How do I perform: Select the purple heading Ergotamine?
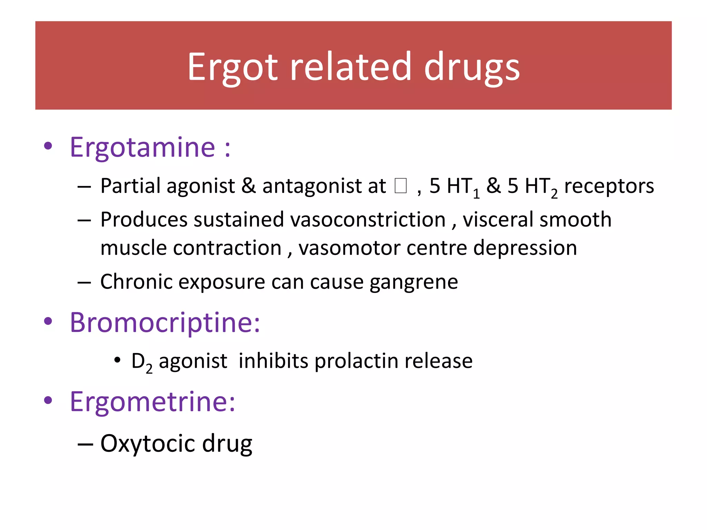coord(143,147)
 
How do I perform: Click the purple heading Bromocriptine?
coord(165,322)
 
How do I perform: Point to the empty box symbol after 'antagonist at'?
coord(400,186)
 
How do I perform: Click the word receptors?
coord(609,186)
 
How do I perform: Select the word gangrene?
coord(414,282)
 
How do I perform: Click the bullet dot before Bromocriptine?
coord(48,321)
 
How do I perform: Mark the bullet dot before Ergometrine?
coord(48,400)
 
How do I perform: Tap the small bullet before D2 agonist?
coord(117,360)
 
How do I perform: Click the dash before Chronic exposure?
coord(84,282)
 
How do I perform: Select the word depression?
coord(525,248)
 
